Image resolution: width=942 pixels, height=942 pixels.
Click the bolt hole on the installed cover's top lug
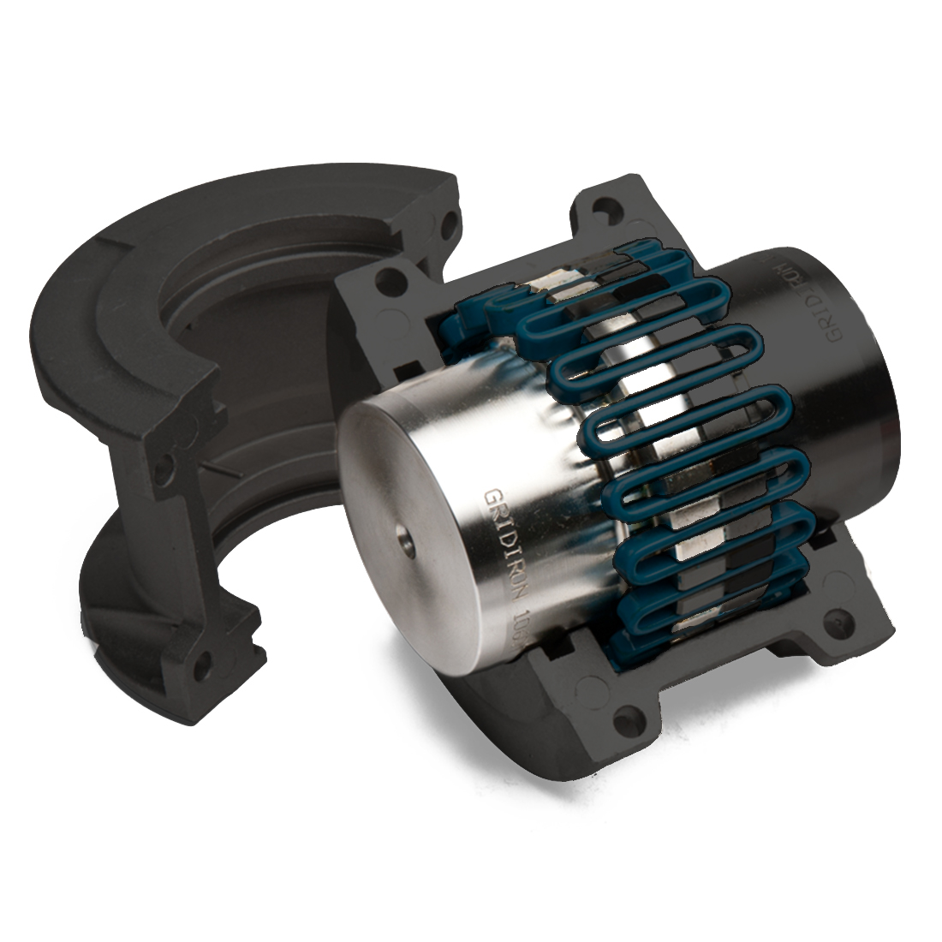coord(609,208)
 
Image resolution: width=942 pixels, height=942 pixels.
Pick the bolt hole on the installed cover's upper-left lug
coord(391,277)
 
